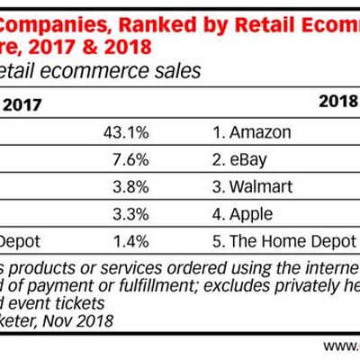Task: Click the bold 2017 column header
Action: coord(24,103)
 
